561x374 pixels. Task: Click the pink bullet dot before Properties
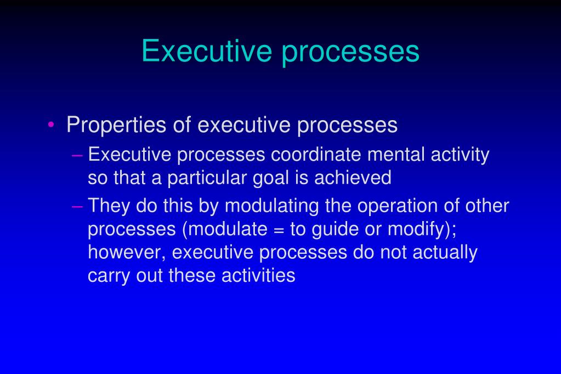coord(51,125)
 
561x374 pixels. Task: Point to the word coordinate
coord(316,155)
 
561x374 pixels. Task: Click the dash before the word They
coord(78,206)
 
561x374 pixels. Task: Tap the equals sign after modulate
coord(277,229)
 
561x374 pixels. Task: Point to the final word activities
coord(258,275)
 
